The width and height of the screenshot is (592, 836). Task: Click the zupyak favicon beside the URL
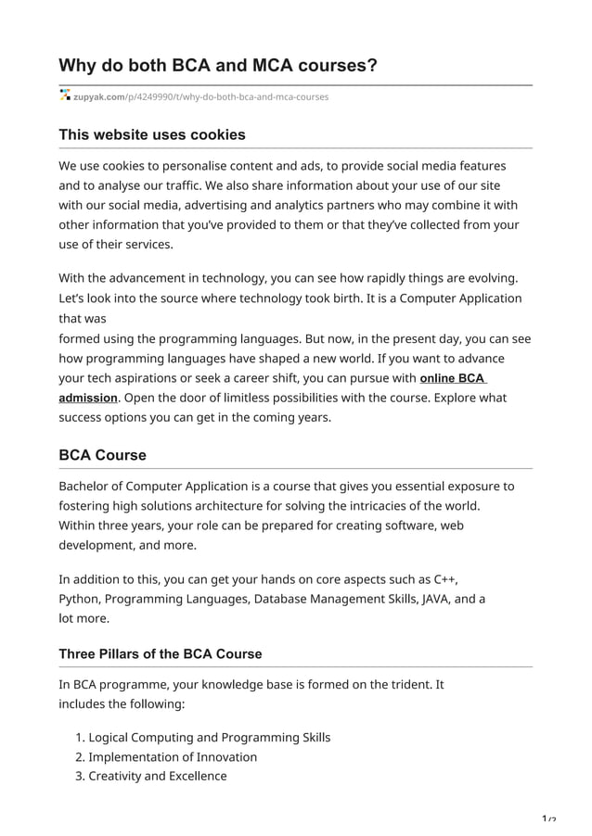pyautogui.click(x=65, y=95)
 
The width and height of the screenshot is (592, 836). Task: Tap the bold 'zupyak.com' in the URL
pyautogui.click(x=98, y=96)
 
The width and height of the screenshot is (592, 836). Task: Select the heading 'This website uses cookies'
pyautogui.click(x=152, y=134)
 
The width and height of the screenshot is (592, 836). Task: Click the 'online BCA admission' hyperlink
pyautogui.click(x=453, y=378)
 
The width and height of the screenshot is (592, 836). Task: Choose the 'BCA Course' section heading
pyautogui.click(x=102, y=455)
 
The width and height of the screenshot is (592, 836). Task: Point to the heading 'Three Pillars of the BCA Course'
pyautogui.click(x=161, y=653)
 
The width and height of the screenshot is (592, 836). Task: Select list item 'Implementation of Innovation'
pyautogui.click(x=173, y=756)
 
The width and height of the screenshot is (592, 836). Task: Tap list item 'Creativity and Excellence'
pyautogui.click(x=157, y=776)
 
